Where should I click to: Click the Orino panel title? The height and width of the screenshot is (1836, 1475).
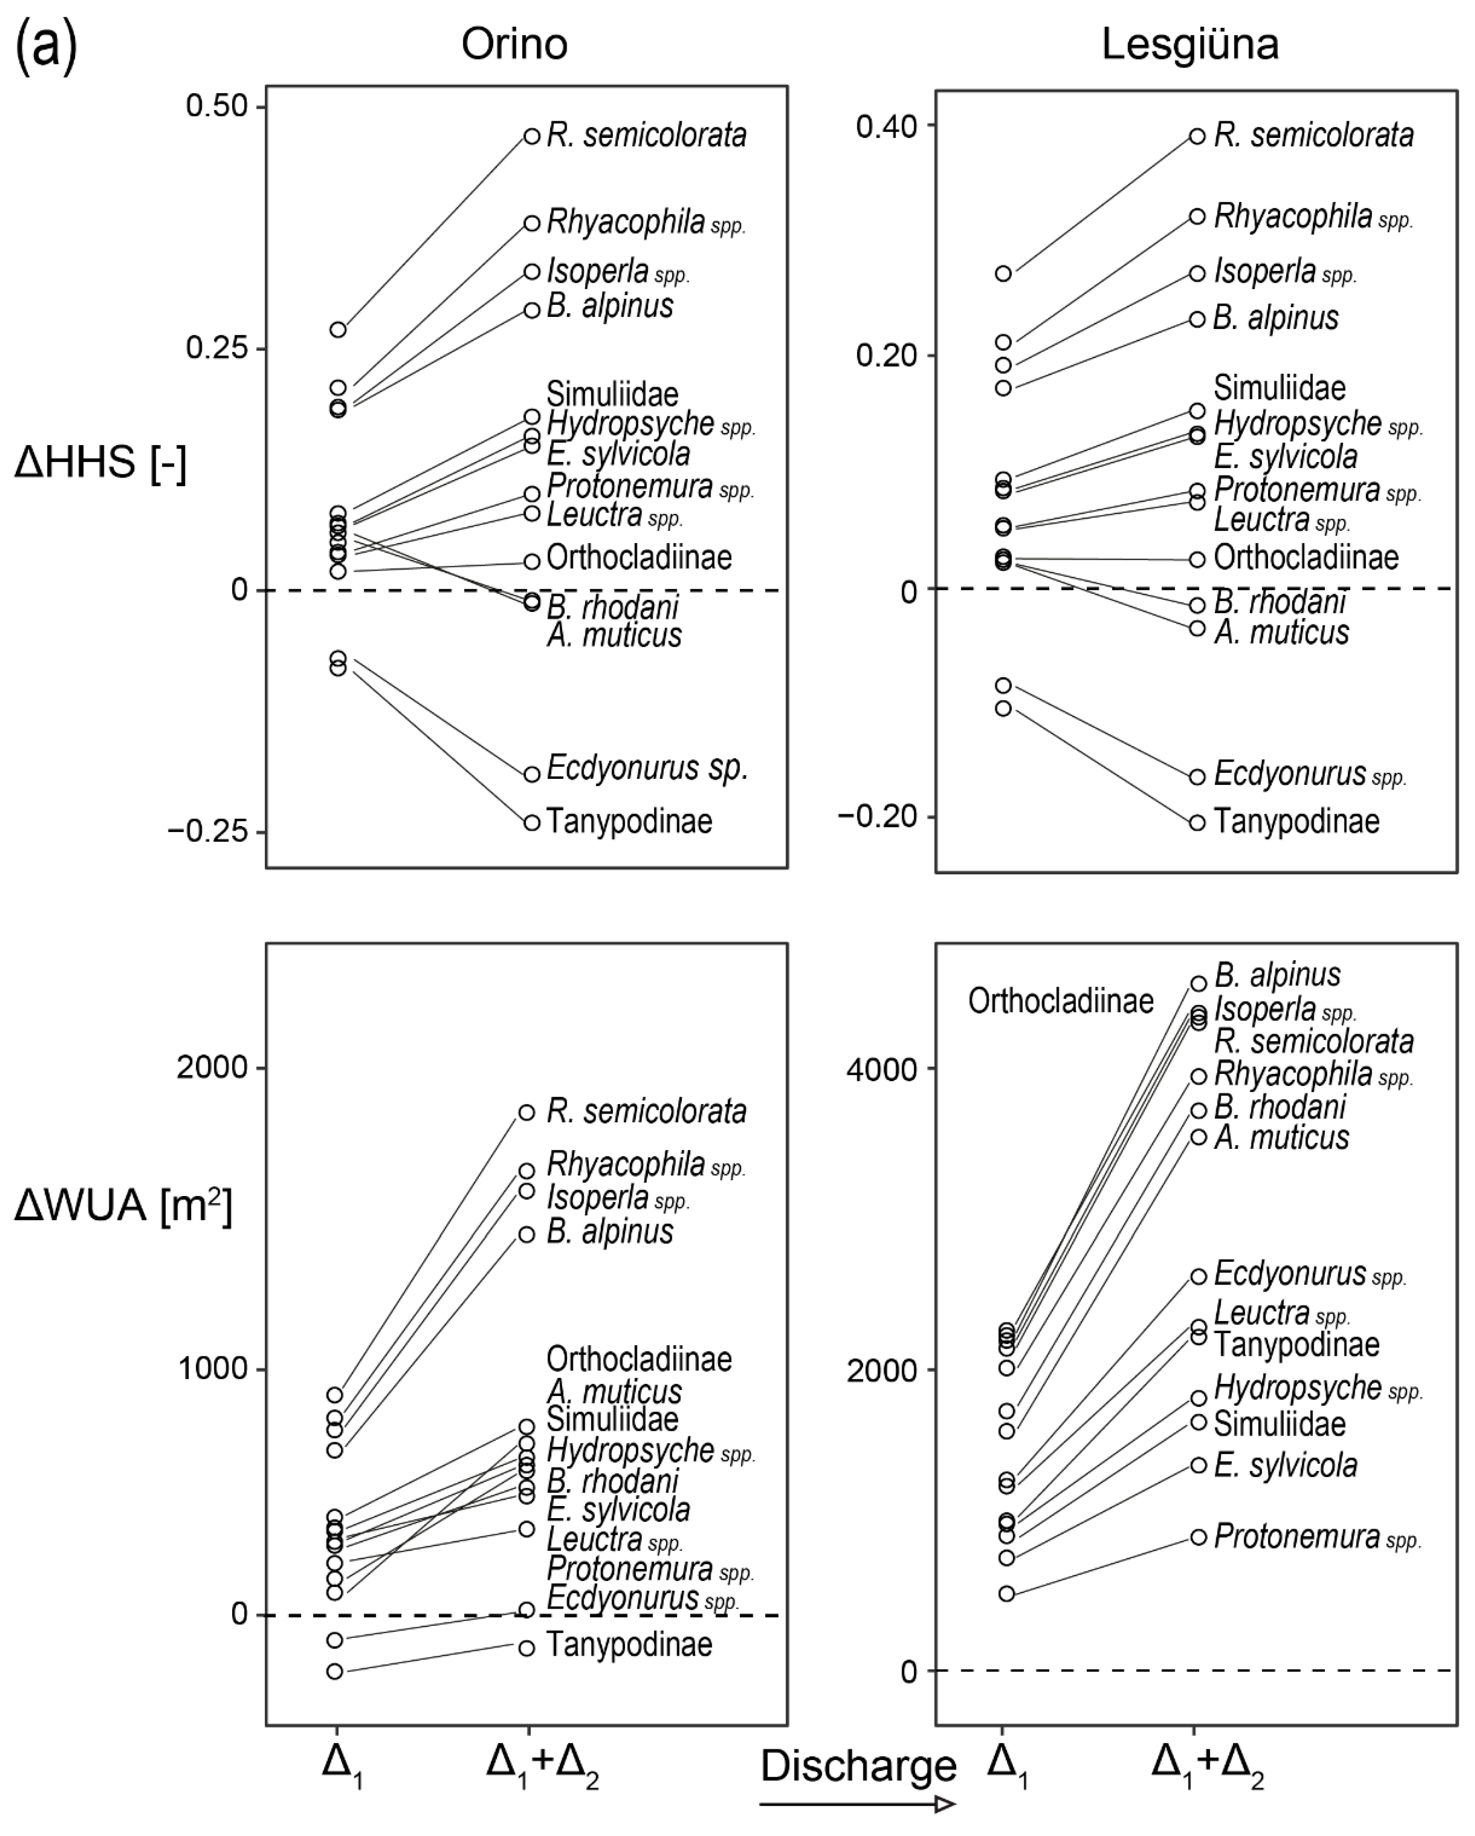(514, 44)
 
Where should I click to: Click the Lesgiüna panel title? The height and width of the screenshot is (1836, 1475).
(1190, 44)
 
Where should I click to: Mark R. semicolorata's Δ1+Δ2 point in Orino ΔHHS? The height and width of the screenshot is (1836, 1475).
(531, 136)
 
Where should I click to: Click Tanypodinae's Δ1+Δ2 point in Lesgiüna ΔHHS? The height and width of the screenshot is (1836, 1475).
(1197, 823)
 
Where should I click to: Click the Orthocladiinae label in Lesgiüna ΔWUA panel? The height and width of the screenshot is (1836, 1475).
(1061, 1002)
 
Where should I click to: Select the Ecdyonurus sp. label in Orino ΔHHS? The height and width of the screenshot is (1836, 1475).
(647, 768)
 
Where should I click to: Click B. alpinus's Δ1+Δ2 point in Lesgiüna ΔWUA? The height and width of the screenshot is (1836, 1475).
(1198, 983)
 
